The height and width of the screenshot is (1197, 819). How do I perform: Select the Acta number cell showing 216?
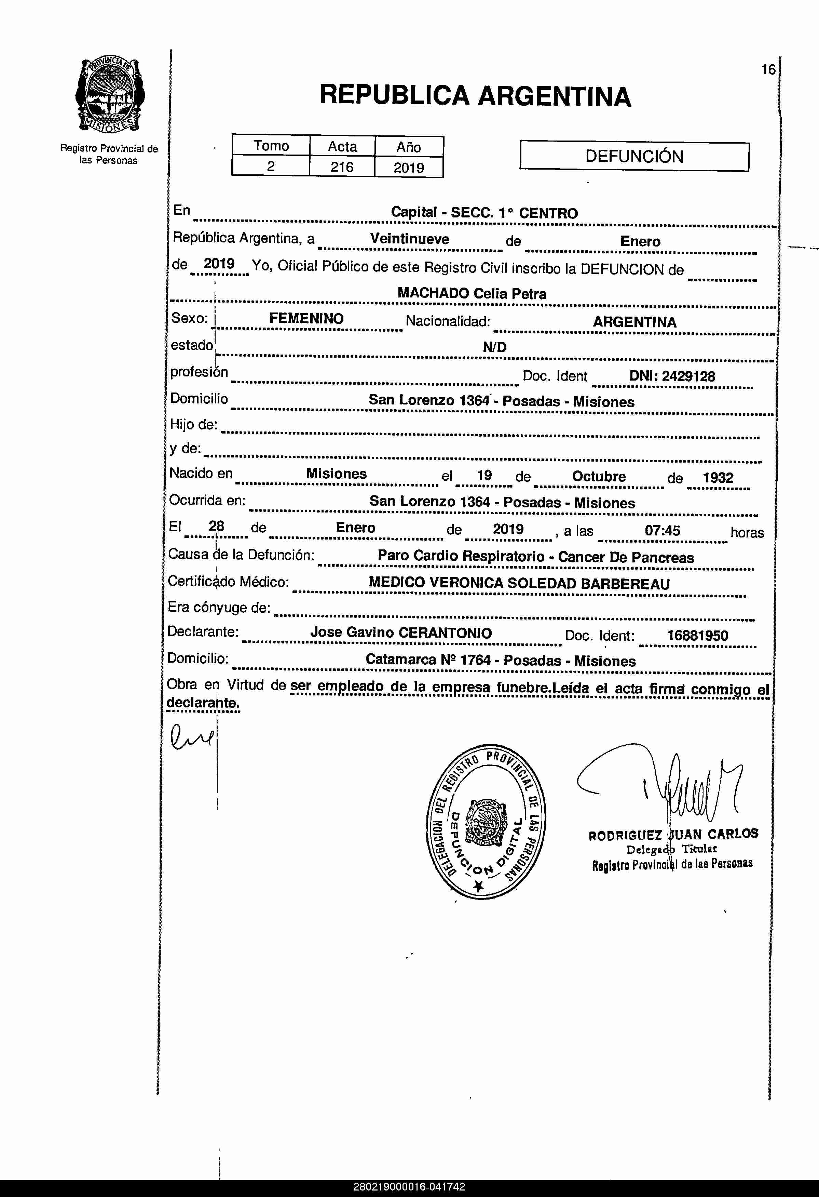[x=342, y=167]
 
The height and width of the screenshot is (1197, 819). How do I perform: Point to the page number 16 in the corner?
[x=768, y=69]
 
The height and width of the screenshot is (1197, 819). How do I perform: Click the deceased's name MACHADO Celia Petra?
[x=472, y=294]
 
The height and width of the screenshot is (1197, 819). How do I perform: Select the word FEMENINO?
[x=306, y=318]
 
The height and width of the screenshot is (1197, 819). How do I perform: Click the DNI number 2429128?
[x=688, y=376]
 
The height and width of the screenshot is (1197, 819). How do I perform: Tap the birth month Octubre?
[x=599, y=476]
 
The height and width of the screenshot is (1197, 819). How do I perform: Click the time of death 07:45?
[x=663, y=530]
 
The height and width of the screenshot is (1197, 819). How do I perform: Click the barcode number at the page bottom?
[x=409, y=1187]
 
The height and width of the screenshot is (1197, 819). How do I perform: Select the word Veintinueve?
[x=410, y=239]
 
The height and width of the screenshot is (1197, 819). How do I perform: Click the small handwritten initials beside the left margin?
[x=190, y=737]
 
